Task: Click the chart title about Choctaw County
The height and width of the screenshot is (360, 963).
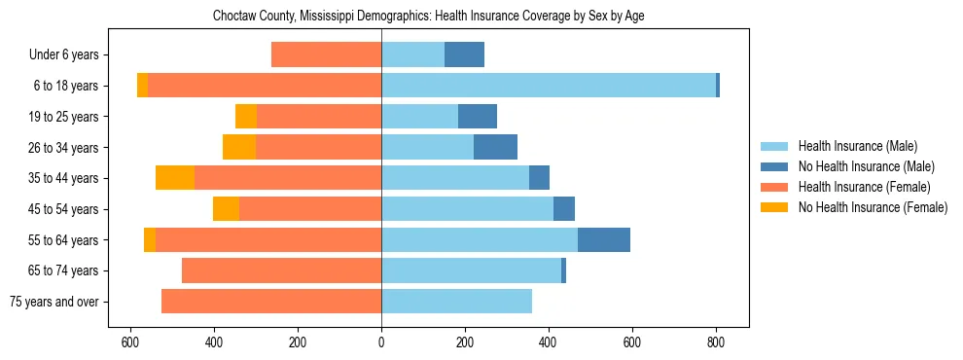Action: (428, 16)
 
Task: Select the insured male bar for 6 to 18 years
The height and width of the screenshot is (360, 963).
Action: (549, 86)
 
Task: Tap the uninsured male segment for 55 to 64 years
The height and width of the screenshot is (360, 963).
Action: (604, 239)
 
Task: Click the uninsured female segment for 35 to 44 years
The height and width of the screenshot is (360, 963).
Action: (175, 178)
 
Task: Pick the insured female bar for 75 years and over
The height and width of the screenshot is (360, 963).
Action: (271, 302)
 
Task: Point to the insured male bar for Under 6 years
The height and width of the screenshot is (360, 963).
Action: (412, 55)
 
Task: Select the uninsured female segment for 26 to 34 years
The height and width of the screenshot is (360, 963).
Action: (239, 147)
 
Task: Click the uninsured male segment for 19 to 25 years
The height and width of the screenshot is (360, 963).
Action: (478, 117)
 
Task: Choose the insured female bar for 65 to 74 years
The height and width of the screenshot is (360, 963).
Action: (281, 270)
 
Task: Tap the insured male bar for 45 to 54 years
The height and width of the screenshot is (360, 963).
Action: (467, 209)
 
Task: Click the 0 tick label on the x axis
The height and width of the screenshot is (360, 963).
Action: (381, 342)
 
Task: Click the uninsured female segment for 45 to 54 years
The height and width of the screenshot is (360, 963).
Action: (226, 209)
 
